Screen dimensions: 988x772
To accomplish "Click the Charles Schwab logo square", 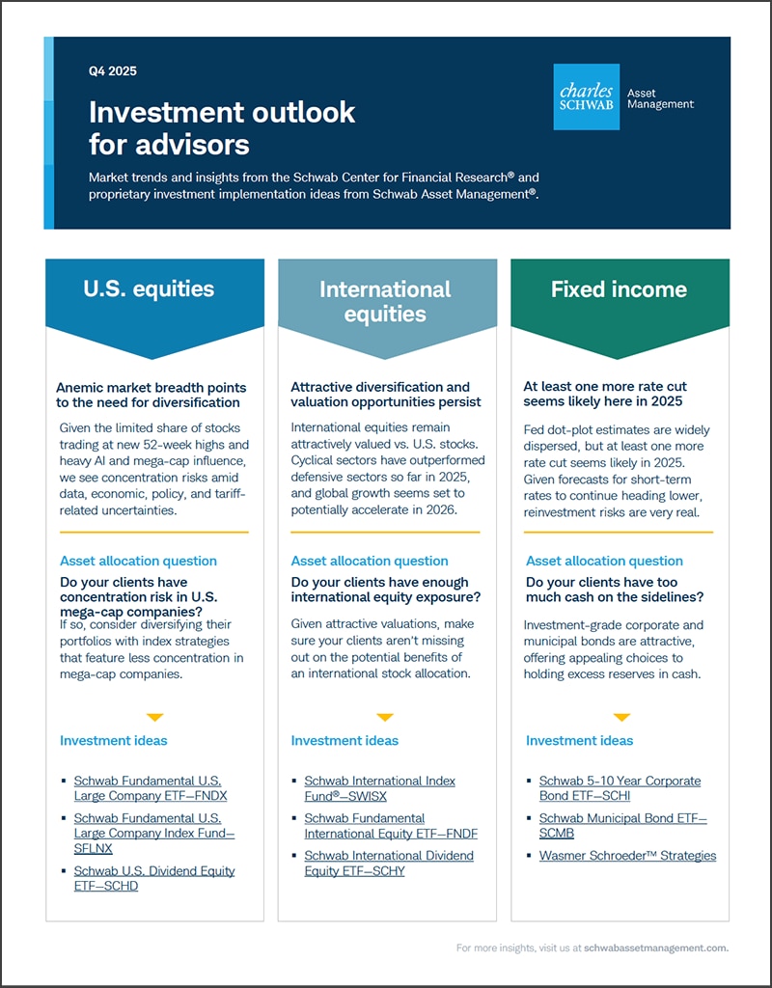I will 587,97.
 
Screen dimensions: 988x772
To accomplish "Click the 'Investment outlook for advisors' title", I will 222,128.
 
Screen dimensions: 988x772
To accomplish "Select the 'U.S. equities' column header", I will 149,288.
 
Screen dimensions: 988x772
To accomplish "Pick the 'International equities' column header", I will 385,301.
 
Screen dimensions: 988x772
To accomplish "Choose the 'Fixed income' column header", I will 619,288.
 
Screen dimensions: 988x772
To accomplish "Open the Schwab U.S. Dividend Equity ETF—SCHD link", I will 154,878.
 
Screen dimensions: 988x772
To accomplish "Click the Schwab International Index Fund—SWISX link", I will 379,788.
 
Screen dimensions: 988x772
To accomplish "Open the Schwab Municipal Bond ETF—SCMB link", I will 622,826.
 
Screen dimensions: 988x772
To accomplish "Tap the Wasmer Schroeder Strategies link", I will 627,856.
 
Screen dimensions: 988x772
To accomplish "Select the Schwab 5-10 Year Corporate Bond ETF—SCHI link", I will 620,788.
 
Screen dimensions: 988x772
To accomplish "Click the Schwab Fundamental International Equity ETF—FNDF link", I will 391,826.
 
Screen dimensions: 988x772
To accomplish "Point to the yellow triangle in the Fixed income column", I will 621,717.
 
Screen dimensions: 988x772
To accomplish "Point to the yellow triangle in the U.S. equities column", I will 154,717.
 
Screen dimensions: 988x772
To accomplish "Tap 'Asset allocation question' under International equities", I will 370,561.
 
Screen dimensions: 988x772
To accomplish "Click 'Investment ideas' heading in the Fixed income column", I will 579,740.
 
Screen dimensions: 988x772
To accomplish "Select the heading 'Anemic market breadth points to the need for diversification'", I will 151,395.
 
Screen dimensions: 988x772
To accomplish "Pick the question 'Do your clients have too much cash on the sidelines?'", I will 615,590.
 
